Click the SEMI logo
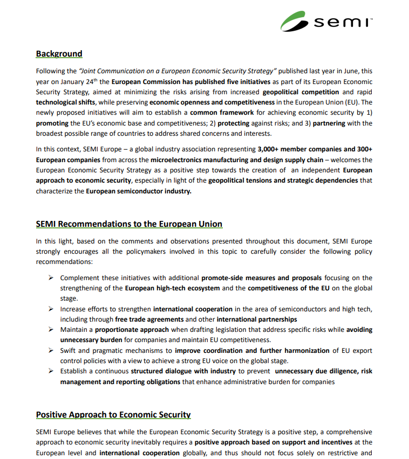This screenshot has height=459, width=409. (x=326, y=22)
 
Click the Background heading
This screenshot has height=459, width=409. (x=59, y=54)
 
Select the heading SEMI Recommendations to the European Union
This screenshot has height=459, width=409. (x=129, y=224)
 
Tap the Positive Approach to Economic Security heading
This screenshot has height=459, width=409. (x=113, y=415)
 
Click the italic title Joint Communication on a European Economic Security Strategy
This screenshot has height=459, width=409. (x=178, y=71)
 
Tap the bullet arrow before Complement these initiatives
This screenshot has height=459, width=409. (x=50, y=278)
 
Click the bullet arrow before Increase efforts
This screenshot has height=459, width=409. (x=50, y=309)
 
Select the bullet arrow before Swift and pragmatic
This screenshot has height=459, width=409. (x=50, y=351)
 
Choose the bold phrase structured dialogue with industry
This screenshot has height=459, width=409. (x=183, y=371)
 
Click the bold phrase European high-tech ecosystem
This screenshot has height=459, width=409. (x=172, y=288)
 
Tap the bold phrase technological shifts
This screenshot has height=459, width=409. (x=64, y=102)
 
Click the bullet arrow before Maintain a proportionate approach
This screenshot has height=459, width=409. (x=50, y=330)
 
